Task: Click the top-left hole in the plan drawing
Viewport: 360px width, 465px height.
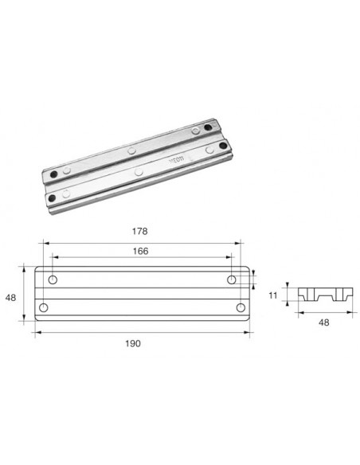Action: coord(53,279)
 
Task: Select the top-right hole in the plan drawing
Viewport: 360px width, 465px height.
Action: coord(232,279)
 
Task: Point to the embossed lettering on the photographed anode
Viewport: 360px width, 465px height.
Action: coord(176,164)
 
